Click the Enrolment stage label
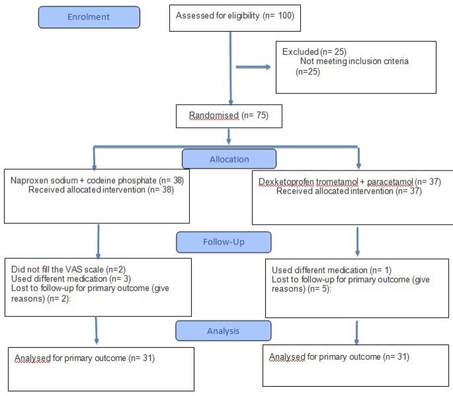(x=89, y=17)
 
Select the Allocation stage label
(x=229, y=159)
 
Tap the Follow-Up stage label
(x=224, y=241)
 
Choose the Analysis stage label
(x=224, y=330)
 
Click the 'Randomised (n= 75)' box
(x=229, y=116)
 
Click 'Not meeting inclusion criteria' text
(x=354, y=61)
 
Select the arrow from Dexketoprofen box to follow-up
(x=358, y=241)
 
